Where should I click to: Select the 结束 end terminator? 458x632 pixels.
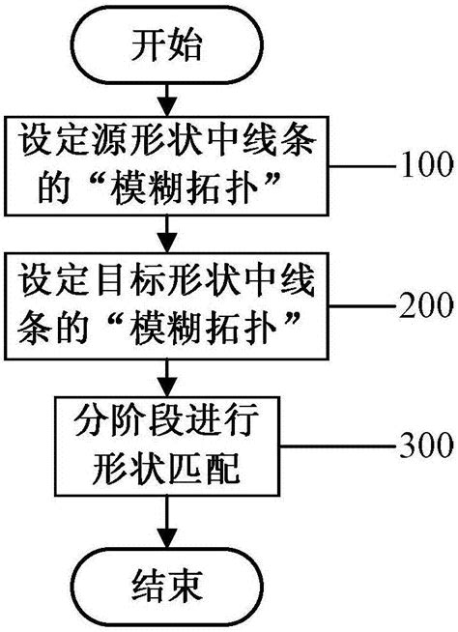(x=169, y=586)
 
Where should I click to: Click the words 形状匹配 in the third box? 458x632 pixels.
(x=168, y=469)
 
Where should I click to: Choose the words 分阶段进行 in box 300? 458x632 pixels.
(x=169, y=423)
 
